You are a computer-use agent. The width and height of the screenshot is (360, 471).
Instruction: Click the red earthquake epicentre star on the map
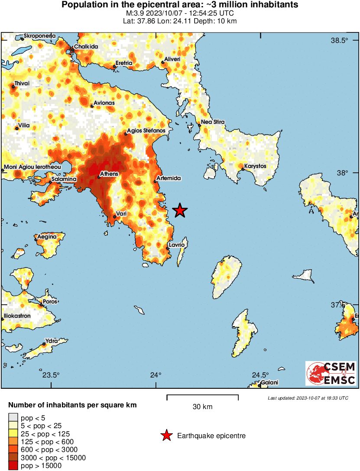[x=180, y=211]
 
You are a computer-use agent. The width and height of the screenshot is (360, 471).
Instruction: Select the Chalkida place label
[x=86, y=46]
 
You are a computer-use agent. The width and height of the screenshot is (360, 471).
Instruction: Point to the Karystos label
[x=255, y=166]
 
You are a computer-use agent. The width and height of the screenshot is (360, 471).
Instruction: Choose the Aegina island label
[x=47, y=237]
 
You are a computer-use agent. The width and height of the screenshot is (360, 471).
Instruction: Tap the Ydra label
[x=52, y=341]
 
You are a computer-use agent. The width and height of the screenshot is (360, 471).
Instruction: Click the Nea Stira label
[x=212, y=123]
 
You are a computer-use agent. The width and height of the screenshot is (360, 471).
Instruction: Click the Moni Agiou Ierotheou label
[x=32, y=167]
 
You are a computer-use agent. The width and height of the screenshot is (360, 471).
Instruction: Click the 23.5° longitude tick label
[x=51, y=375]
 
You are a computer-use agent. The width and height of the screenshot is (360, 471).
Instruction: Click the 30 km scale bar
[x=202, y=396]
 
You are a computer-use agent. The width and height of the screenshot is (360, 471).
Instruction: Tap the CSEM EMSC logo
[x=331, y=373]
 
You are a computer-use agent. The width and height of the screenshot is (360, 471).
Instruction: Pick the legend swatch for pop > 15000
[x=13, y=466]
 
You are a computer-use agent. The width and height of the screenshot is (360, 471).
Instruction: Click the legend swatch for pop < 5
[x=13, y=418]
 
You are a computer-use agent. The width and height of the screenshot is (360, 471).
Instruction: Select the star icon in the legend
[x=166, y=436]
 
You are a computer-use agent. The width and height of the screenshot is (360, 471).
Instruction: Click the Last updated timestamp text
[x=308, y=398]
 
